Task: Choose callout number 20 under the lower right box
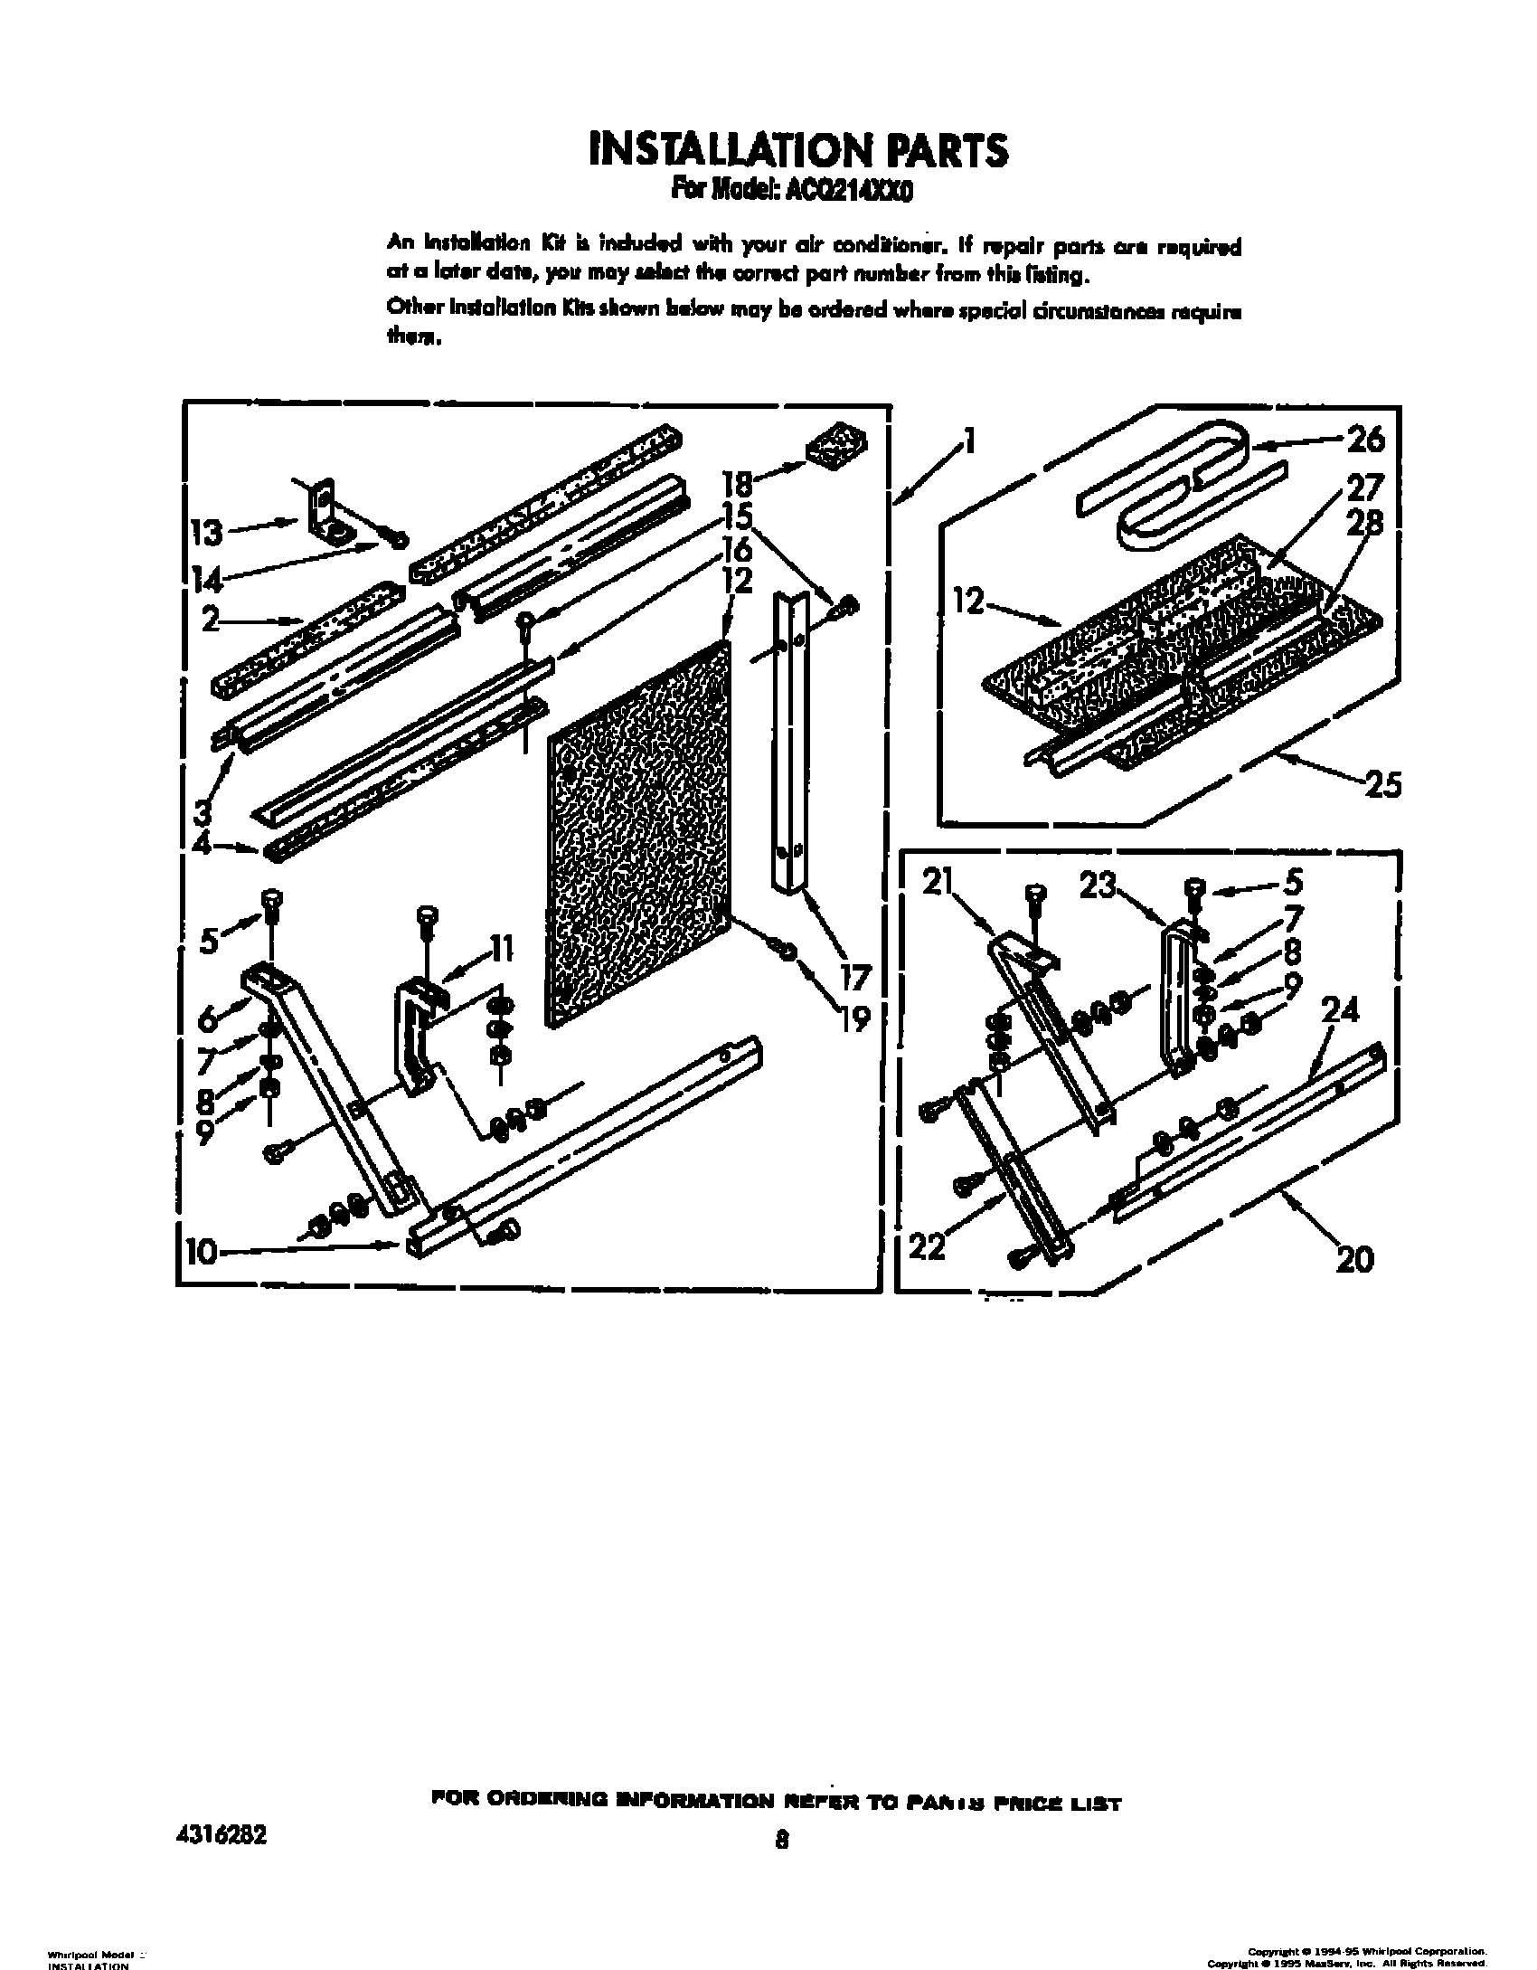click(1353, 1258)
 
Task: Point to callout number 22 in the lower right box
click(926, 1247)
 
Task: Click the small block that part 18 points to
click(835, 447)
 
